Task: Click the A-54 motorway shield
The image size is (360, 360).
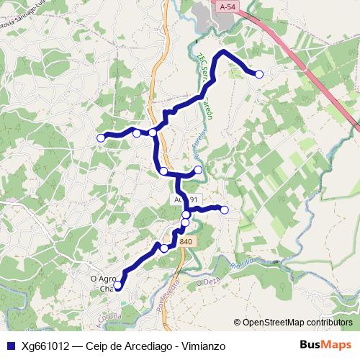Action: [228, 6]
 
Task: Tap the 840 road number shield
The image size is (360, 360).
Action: [186, 242]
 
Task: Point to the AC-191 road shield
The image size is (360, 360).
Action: [184, 199]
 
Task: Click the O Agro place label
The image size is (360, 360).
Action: [103, 279]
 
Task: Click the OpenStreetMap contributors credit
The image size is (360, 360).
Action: [297, 322]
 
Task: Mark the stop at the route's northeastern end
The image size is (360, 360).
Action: [259, 74]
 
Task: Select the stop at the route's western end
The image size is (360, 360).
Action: [101, 138]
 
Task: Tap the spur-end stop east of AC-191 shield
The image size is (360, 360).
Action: [225, 210]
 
